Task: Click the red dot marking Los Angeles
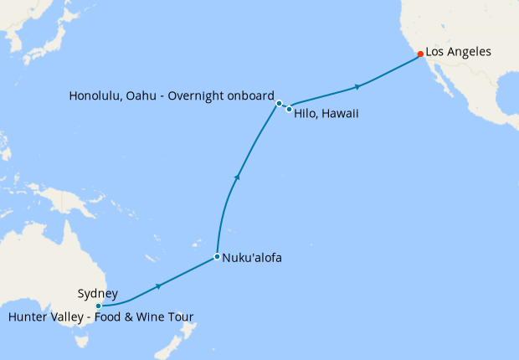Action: click(420, 54)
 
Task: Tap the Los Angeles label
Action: click(458, 52)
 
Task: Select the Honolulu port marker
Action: click(279, 104)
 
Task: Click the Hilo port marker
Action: click(289, 109)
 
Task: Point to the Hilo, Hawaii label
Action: click(326, 114)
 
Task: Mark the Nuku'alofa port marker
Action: click(217, 256)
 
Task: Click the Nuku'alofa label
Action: click(252, 258)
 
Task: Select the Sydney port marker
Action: click(98, 306)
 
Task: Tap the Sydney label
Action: click(97, 293)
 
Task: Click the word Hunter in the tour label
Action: click(28, 316)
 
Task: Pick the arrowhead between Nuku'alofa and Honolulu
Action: click(239, 176)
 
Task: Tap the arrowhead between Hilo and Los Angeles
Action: click(358, 87)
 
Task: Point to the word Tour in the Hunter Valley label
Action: click(182, 316)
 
